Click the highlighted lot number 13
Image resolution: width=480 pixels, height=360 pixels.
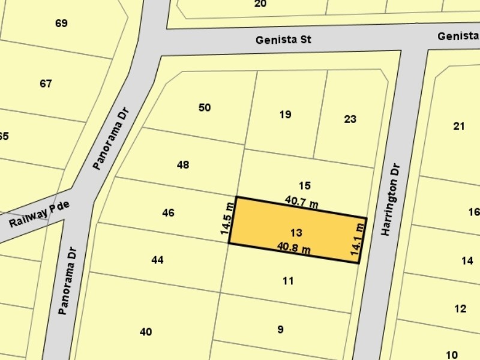click(x=296, y=233)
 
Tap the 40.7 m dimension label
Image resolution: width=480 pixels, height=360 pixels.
click(x=301, y=203)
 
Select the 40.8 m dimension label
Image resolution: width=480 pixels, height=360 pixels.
click(x=293, y=247)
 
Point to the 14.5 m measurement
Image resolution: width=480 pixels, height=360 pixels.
click(x=226, y=220)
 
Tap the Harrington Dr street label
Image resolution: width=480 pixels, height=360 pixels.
click(x=391, y=199)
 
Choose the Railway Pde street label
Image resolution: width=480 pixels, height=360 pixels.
click(x=40, y=214)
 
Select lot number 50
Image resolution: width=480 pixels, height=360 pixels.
click(x=205, y=107)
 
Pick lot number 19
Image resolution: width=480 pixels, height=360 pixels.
click(x=286, y=114)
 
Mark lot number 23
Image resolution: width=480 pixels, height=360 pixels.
click(x=350, y=119)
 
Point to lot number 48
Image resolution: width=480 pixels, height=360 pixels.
click(x=183, y=164)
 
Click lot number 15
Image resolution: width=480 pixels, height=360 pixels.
click(x=305, y=185)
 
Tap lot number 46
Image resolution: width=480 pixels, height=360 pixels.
click(x=168, y=212)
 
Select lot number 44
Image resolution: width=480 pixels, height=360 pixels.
click(x=157, y=260)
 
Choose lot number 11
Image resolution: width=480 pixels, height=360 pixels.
click(x=288, y=280)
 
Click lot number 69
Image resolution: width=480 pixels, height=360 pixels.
click(x=61, y=23)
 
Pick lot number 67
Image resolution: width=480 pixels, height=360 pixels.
click(x=46, y=83)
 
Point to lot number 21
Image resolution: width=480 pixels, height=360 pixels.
click(x=459, y=126)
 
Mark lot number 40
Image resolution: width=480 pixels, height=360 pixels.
click(x=145, y=332)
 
